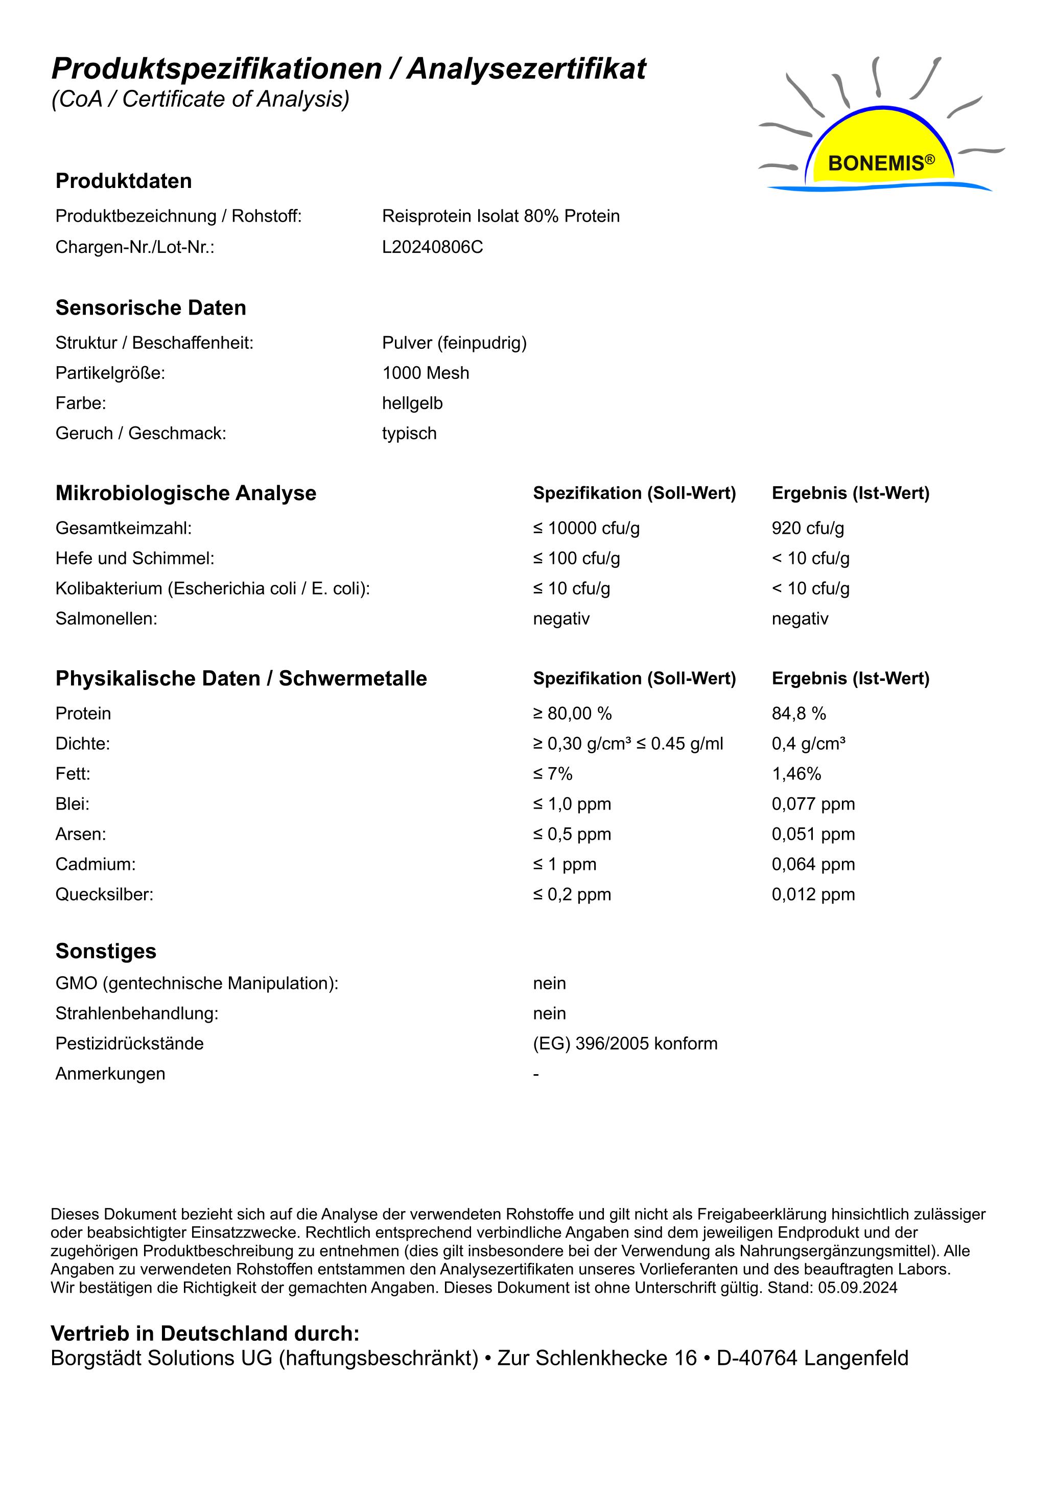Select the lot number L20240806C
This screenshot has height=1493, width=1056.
[x=432, y=247]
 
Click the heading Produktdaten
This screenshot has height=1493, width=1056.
[x=124, y=181]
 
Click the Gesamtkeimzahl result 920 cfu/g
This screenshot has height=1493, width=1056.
[x=808, y=528]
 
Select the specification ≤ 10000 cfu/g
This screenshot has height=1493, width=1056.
[x=586, y=528]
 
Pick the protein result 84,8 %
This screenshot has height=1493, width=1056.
[x=799, y=714]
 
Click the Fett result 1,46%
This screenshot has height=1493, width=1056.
[x=796, y=774]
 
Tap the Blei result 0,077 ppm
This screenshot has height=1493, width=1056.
[x=813, y=804]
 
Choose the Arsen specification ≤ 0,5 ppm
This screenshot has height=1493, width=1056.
[x=572, y=834]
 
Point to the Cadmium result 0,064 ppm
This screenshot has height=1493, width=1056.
[x=813, y=864]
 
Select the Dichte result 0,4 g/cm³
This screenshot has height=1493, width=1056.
[x=808, y=743]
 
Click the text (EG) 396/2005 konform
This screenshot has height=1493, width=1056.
[x=625, y=1043]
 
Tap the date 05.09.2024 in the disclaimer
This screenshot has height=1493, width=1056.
[x=858, y=1288]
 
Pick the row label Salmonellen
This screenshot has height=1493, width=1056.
[x=106, y=619]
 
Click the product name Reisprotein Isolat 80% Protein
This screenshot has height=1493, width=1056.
[x=501, y=216]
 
